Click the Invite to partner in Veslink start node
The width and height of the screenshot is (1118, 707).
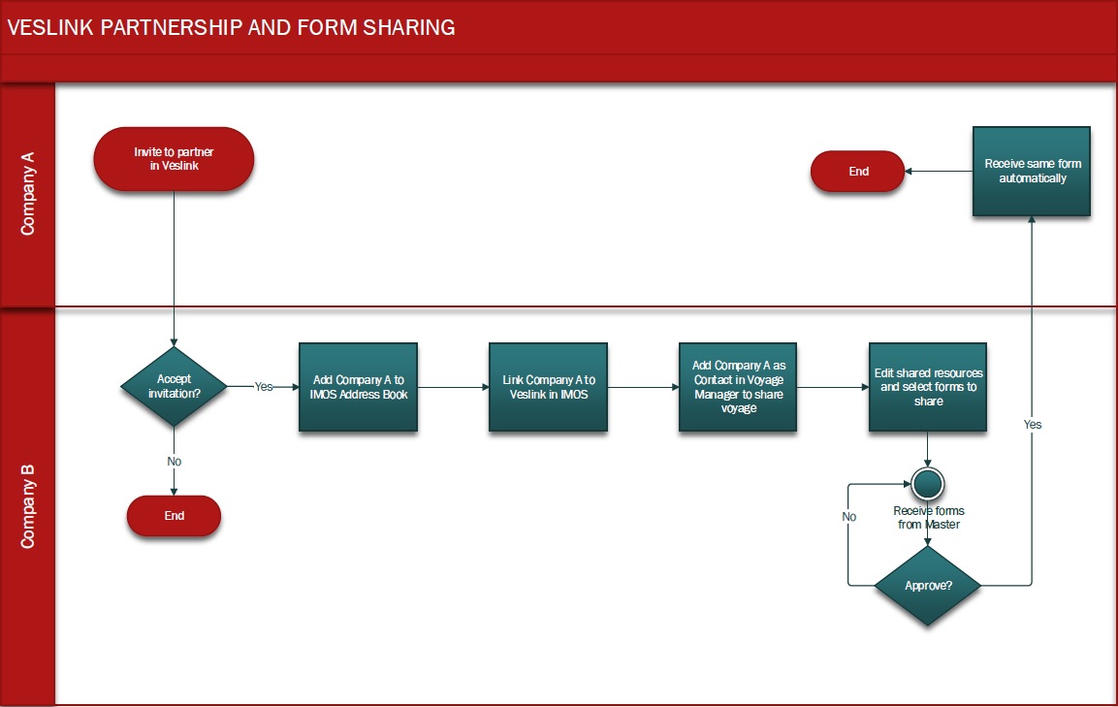click(x=174, y=158)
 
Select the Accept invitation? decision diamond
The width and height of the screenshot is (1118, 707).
click(x=174, y=386)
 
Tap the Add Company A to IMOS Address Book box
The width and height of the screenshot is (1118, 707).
click(x=358, y=387)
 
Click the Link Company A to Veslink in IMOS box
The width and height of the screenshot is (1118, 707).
click(x=548, y=387)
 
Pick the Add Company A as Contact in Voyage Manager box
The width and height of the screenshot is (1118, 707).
click(x=738, y=387)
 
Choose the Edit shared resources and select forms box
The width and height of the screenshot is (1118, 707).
click(x=928, y=387)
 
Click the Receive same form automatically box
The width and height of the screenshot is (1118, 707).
click(x=1032, y=172)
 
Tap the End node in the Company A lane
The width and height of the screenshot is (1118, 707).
click(x=858, y=172)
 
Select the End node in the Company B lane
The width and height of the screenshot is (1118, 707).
click(x=174, y=516)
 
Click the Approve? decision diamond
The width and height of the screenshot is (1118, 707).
click(x=928, y=586)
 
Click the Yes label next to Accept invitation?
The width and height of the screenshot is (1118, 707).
click(x=263, y=386)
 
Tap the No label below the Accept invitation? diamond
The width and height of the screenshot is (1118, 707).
click(x=174, y=462)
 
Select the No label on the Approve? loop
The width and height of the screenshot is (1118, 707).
click(x=849, y=517)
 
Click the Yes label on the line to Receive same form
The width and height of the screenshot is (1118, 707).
click(x=1033, y=425)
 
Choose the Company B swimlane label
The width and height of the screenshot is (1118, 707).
click(x=28, y=505)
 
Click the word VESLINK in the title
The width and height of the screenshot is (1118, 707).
click(x=49, y=28)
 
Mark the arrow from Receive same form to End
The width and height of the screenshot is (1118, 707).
click(x=939, y=172)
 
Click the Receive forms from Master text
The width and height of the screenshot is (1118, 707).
click(x=928, y=518)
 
